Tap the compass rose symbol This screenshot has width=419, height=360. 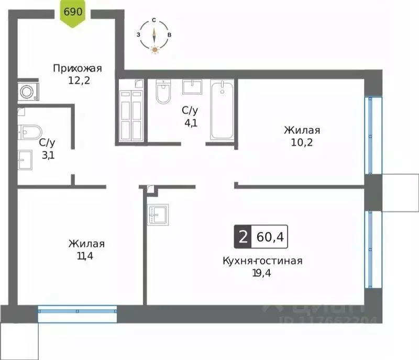pyautogui.click(x=154, y=36)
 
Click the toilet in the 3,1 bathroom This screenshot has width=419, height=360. pyautogui.click(x=26, y=132)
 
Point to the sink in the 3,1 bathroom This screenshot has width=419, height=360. pyautogui.click(x=25, y=160)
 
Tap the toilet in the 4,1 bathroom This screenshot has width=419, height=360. pyautogui.click(x=163, y=92)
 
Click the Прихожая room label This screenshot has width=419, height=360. pyautogui.click(x=77, y=69)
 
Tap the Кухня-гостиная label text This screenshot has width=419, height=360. pyautogui.click(x=262, y=261)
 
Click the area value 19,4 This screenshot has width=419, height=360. pyautogui.click(x=262, y=272)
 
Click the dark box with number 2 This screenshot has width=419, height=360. pyautogui.click(x=242, y=237)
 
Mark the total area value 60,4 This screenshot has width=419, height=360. pyautogui.click(x=270, y=237)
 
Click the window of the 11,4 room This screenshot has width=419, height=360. pyautogui.click(x=78, y=314)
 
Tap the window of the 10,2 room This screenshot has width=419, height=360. pyautogui.click(x=373, y=136)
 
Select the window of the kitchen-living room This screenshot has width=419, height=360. pyautogui.click(x=373, y=249)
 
